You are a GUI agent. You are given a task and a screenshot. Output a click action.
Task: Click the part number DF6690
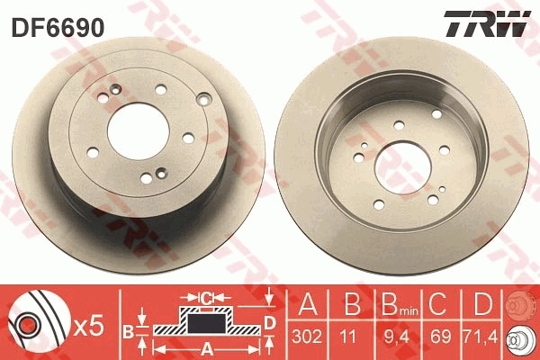(x=57, y=28)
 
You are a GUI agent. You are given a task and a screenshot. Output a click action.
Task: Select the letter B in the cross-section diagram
(x=127, y=331)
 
